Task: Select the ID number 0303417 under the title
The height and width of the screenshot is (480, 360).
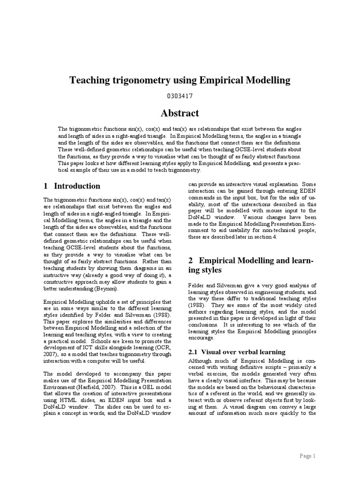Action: (180, 96)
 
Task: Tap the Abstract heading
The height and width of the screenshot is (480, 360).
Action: (180, 113)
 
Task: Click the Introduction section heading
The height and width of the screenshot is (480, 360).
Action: (77, 186)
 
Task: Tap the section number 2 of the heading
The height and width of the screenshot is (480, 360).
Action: (191, 260)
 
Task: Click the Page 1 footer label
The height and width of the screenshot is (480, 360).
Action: (307, 456)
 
